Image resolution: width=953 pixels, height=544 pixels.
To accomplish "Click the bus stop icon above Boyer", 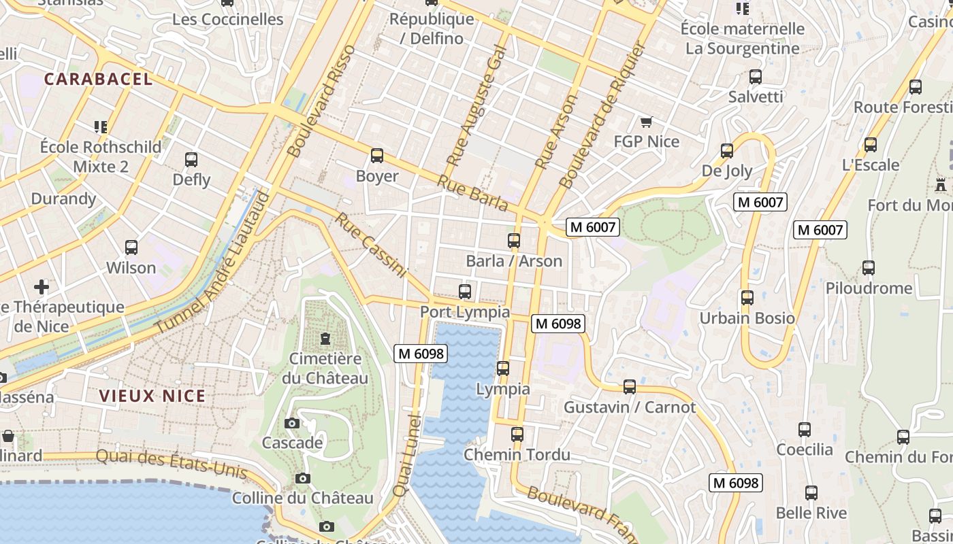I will point(377,156).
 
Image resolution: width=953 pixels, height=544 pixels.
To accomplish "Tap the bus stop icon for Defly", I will point(191,160).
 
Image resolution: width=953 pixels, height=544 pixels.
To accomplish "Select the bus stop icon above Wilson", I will point(131,248).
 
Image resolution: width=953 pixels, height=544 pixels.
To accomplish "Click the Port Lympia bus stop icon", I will point(465,292).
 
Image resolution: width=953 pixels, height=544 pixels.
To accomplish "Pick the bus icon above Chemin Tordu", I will point(517,434).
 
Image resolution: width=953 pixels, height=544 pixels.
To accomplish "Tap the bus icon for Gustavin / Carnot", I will point(630,387).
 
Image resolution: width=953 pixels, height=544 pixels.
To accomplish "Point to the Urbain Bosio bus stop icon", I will point(747,298).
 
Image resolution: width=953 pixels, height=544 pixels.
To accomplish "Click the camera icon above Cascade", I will point(292,423).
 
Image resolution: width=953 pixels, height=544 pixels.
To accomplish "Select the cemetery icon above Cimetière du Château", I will point(325,338).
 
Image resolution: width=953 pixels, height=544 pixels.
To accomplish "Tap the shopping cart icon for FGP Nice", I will point(646,122).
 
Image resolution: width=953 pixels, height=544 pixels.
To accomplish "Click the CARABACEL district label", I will point(99,79).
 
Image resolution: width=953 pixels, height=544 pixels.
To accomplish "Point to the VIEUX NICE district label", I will point(152,396).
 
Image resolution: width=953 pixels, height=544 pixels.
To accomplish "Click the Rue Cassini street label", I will point(371,245).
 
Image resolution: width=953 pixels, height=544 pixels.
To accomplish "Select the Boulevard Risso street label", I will point(322,101).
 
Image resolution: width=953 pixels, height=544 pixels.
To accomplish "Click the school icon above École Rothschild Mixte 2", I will point(101,126).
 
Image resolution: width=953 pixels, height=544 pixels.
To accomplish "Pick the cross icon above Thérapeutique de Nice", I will point(42,286).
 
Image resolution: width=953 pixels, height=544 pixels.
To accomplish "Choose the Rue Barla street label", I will point(472,192).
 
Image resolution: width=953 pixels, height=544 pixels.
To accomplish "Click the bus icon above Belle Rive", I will point(811,493).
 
